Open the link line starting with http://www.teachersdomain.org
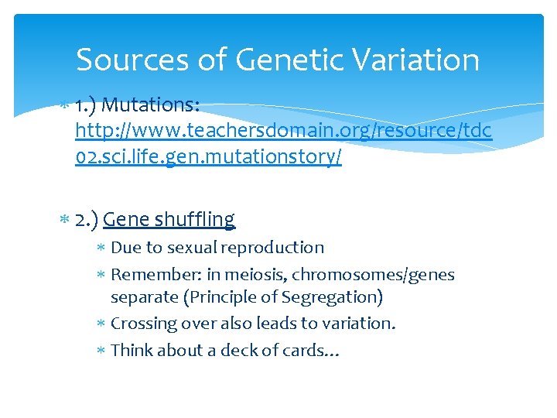tap(283, 131)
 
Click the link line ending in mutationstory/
tap(209, 158)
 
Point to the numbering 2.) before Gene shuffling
tap(87, 220)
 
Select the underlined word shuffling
tap(194, 220)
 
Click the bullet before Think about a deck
tap(102, 351)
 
